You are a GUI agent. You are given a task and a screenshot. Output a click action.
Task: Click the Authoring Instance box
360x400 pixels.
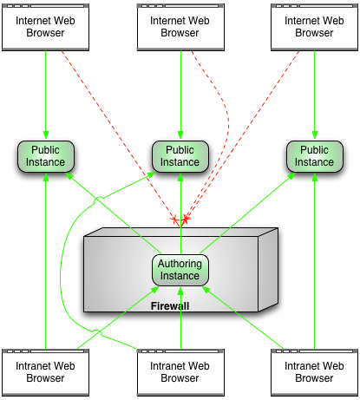tap(180, 270)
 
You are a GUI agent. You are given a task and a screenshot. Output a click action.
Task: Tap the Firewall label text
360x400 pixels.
tap(170, 306)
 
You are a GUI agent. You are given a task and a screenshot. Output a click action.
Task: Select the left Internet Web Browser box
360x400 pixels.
tap(45, 27)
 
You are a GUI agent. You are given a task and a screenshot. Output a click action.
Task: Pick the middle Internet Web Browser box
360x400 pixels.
tap(180, 27)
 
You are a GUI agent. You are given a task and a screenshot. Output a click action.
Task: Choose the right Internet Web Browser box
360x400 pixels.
tap(314, 27)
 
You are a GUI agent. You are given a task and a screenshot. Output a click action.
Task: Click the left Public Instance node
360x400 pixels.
tap(46, 156)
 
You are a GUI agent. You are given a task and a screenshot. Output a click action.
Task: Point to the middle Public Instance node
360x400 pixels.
tap(180, 156)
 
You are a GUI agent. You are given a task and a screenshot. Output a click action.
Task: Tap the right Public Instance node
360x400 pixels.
tap(315, 156)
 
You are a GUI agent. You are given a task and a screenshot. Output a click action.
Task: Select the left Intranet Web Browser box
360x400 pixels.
tap(45, 372)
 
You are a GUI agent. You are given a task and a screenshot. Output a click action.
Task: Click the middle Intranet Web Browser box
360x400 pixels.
tap(180, 372)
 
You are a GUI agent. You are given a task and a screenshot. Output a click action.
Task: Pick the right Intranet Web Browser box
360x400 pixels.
tap(314, 372)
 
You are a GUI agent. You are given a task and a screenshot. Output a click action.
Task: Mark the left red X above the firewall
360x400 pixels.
tap(174, 220)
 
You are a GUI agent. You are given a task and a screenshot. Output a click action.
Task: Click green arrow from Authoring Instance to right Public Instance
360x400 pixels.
tap(247, 213)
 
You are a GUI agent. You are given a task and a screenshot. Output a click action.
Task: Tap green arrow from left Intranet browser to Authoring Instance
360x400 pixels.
tap(118, 318)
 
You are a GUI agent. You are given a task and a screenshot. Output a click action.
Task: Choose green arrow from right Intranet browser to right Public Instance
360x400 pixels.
tap(315, 261)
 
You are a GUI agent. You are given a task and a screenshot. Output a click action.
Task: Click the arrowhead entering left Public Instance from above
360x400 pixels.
tap(46, 134)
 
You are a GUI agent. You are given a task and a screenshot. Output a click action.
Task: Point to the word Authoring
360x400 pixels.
tap(180, 264)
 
